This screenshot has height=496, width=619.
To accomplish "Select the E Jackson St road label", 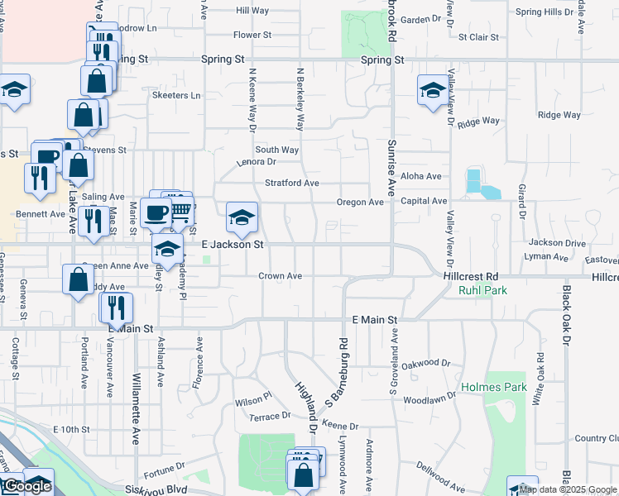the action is [233, 245].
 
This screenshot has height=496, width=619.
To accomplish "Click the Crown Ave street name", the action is [280, 276].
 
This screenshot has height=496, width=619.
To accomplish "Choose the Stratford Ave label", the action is [291, 183].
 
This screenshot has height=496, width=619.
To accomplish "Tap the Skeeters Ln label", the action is [176, 96].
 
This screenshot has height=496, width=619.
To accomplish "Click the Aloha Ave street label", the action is [421, 176].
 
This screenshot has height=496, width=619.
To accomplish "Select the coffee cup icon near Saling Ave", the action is [156, 213].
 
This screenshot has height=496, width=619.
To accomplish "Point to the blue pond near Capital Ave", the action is [480, 186].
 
